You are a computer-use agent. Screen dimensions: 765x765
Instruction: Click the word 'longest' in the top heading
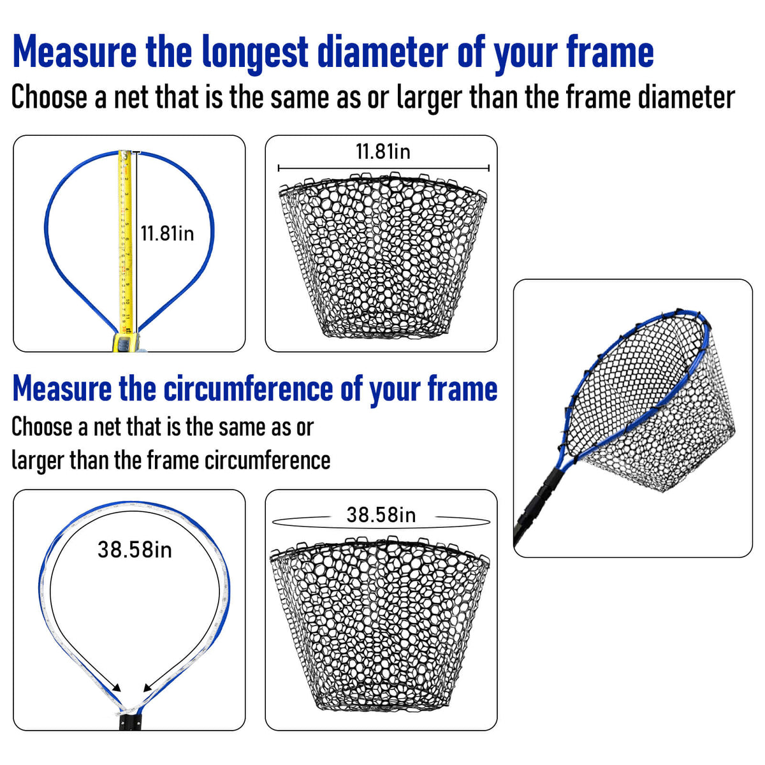click(x=254, y=54)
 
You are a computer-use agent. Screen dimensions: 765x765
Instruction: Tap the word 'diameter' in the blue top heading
click(x=382, y=52)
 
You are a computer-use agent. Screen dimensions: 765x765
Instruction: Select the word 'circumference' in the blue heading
click(x=249, y=389)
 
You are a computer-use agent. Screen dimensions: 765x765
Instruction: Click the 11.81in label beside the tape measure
click(x=167, y=233)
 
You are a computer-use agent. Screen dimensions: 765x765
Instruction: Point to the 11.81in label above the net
click(x=382, y=152)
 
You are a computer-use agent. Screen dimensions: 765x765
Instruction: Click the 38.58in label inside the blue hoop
click(x=135, y=550)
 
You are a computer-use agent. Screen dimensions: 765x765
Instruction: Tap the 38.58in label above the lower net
click(x=381, y=515)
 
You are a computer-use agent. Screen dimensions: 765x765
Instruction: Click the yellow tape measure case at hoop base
click(x=126, y=342)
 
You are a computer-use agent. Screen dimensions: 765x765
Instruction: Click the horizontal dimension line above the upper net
click(x=384, y=168)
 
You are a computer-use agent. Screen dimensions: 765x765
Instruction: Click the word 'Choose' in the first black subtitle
click(x=49, y=98)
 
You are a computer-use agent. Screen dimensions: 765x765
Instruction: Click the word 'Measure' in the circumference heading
click(x=62, y=389)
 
